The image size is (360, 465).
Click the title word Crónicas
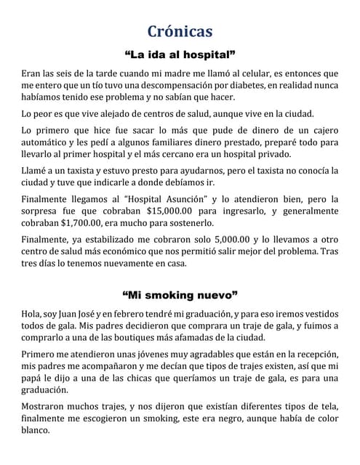[180, 31]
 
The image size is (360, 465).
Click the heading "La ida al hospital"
[180, 54]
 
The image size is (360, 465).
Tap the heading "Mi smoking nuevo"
[180, 295]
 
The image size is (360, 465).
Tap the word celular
[247, 73]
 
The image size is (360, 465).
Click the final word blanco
[34, 430]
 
